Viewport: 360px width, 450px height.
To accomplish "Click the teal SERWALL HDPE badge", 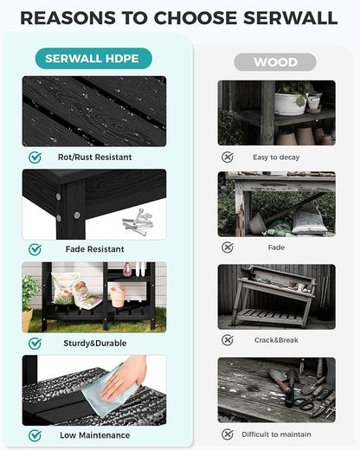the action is pyautogui.click(x=93, y=59).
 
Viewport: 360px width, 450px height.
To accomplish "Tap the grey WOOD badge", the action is pyautogui.click(x=275, y=62).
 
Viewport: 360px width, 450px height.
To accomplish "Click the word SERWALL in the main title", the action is pyautogui.click(x=291, y=18).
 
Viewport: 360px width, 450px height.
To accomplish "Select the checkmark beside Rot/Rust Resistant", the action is pyautogui.click(x=35, y=157).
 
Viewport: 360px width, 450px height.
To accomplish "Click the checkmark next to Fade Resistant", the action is pyautogui.click(x=35, y=249).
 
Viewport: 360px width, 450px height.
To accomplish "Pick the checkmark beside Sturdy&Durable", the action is pyautogui.click(x=35, y=344).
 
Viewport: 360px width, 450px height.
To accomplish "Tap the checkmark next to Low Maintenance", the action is pyautogui.click(x=35, y=435).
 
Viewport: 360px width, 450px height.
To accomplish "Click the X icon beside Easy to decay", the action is pyautogui.click(x=228, y=157).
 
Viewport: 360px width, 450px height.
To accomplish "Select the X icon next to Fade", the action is pyautogui.click(x=228, y=247).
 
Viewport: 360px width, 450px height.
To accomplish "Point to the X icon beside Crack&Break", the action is pyautogui.click(x=228, y=340).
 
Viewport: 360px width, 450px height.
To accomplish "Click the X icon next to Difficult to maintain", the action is pyautogui.click(x=228, y=434).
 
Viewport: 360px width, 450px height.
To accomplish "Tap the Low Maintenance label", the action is pyautogui.click(x=95, y=435).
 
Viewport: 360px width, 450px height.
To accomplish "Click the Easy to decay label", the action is pyautogui.click(x=276, y=157).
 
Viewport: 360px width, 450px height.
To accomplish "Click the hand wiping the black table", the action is pyautogui.click(x=124, y=379).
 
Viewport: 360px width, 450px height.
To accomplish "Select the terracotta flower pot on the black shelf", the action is pyautogui.click(x=118, y=296).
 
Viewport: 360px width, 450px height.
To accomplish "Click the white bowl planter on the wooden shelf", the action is pyautogui.click(x=290, y=104).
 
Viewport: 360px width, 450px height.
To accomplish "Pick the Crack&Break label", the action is pyautogui.click(x=276, y=340).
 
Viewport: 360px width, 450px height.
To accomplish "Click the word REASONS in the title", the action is pyautogui.click(x=68, y=18).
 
